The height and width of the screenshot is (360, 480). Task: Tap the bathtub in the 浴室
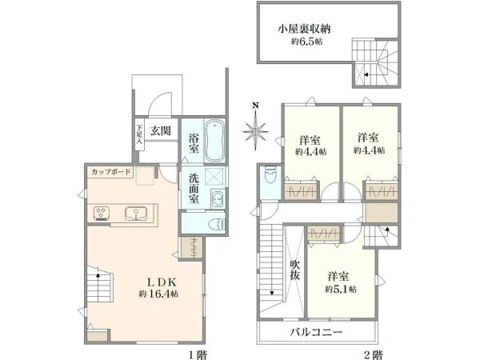pyautogui.click(x=214, y=142)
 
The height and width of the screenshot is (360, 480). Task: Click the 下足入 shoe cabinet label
pyautogui.click(x=138, y=131)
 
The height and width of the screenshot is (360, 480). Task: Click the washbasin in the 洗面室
pyautogui.click(x=215, y=198)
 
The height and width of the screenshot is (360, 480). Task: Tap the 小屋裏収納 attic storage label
pyautogui.click(x=305, y=29)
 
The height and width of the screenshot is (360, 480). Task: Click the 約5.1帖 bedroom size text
pyautogui.click(x=341, y=288)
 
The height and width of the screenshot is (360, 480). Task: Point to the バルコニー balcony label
pyautogui.click(x=316, y=332)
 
